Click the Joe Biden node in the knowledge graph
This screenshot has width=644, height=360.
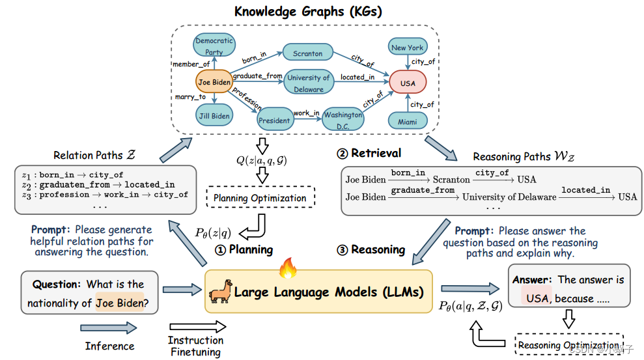214,83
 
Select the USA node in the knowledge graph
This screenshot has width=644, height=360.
408,83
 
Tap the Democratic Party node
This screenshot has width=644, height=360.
214,46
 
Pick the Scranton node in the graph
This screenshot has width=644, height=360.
307,53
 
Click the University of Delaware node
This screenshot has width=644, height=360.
309,83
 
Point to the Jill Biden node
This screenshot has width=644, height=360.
214,116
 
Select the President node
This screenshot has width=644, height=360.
273,120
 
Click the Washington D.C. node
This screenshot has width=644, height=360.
343,120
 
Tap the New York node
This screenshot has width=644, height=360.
408,47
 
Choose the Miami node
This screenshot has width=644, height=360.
408,120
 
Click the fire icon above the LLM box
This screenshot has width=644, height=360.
287,268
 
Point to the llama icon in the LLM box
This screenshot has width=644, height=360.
219,293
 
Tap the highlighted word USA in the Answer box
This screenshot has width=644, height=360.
537,299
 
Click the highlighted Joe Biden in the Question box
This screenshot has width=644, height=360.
119,303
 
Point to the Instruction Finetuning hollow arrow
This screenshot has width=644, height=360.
197,327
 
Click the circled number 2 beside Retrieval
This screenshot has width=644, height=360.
342,154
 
